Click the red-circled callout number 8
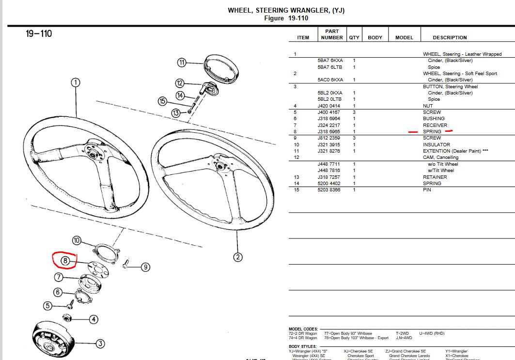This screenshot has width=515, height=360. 65,261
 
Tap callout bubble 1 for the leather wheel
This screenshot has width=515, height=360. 75,82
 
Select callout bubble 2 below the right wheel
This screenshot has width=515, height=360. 237,257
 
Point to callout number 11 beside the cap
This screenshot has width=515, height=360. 182,63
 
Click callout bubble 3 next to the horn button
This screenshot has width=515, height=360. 100,344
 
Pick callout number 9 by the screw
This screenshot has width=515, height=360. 145,267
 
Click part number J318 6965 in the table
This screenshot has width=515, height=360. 329,131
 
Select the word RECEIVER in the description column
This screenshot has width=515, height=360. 435,125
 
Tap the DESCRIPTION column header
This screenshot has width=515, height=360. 450,37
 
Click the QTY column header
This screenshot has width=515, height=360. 354,37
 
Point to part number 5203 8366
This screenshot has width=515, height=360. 329,189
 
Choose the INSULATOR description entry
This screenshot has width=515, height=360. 437,144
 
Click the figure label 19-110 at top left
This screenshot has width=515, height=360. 39,34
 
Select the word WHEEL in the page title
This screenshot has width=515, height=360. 242,10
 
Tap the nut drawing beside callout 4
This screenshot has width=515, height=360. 68,317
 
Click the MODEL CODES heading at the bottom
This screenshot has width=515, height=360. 303,329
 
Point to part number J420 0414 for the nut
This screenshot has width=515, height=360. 329,106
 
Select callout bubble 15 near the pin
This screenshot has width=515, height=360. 163,101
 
